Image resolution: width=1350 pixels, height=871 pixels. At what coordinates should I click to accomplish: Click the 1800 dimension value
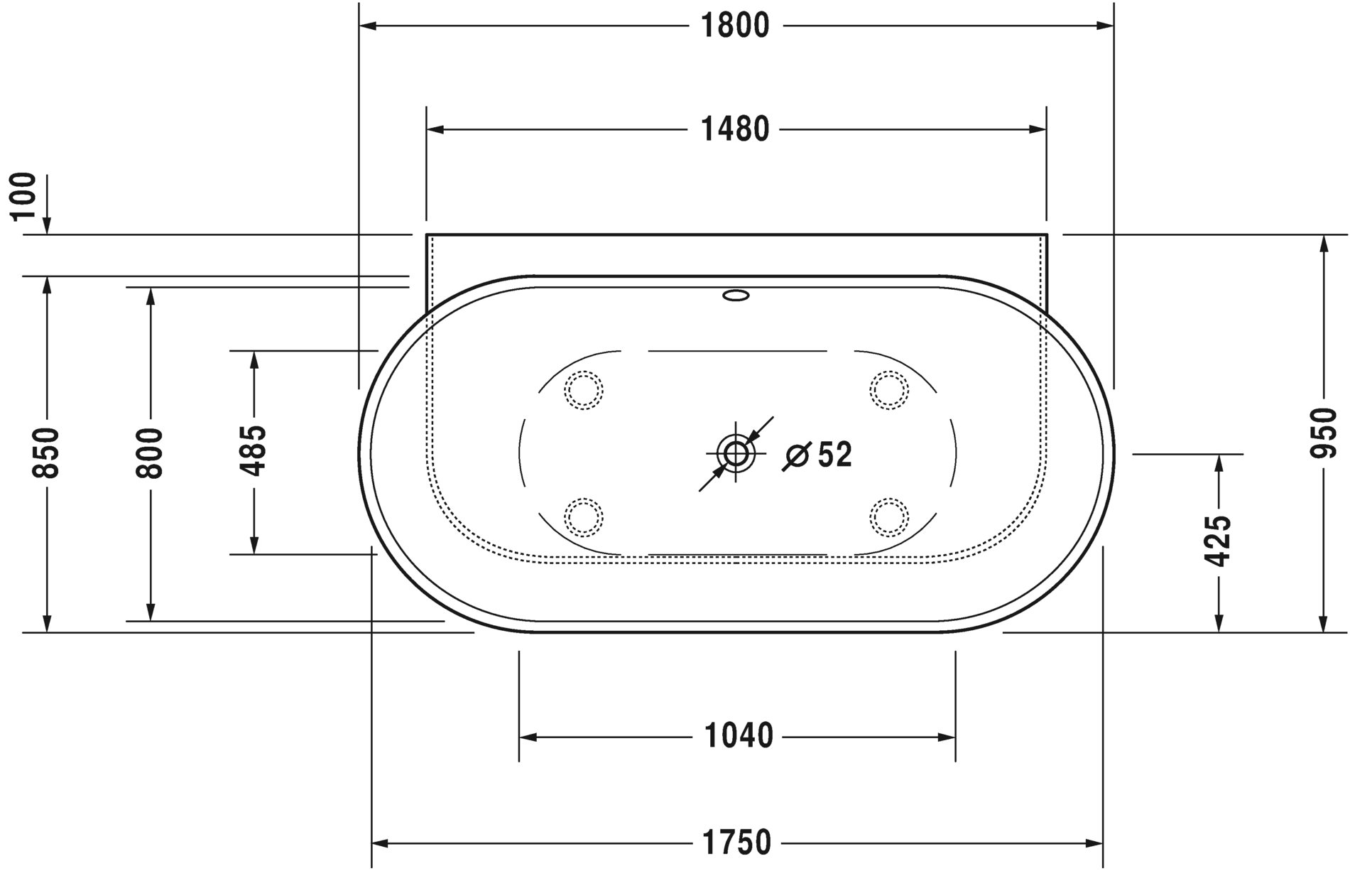click(735, 26)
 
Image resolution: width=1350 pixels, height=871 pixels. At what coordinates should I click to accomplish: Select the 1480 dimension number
click(735, 130)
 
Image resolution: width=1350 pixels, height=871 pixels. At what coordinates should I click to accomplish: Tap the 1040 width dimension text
click(738, 737)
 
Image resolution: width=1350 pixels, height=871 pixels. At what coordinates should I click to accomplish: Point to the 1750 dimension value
click(736, 843)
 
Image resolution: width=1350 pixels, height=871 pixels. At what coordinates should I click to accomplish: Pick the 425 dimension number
click(1219, 541)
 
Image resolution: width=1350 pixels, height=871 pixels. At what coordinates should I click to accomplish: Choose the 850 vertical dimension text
click(47, 453)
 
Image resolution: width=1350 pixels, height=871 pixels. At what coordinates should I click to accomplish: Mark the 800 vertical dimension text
click(150, 453)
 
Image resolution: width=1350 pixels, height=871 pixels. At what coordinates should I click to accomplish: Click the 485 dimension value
click(254, 451)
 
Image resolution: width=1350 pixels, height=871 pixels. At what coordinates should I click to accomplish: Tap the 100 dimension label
click(23, 196)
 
